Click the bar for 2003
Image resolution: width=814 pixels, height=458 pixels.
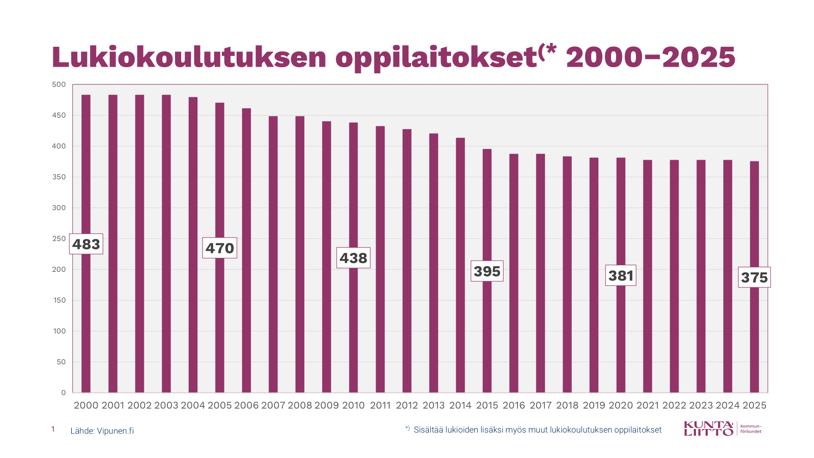pyautogui.click(x=166, y=244)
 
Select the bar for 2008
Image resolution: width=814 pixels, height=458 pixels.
pyautogui.click(x=300, y=254)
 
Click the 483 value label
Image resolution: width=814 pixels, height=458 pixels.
pyautogui.click(x=86, y=244)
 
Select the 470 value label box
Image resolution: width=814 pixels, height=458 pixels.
pyautogui.click(x=220, y=248)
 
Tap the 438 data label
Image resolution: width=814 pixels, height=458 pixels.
pyautogui.click(x=354, y=258)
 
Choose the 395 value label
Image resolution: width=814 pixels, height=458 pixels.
pyautogui.click(x=487, y=271)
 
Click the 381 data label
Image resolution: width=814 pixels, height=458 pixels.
pyautogui.click(x=621, y=275)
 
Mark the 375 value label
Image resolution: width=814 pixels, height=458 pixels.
pyautogui.click(x=754, y=277)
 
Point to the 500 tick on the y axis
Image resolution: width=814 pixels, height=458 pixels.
pyautogui.click(x=59, y=84)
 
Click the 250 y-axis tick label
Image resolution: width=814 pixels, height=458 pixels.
pyautogui.click(x=59, y=239)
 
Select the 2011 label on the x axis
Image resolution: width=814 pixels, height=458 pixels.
pyautogui.click(x=380, y=406)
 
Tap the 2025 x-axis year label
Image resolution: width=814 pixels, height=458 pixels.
pyautogui.click(x=754, y=406)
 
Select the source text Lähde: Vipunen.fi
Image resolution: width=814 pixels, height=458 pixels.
pyautogui.click(x=102, y=431)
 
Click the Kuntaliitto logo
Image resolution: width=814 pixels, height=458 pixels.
pyautogui.click(x=722, y=428)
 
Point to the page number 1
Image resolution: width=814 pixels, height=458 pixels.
pyautogui.click(x=53, y=430)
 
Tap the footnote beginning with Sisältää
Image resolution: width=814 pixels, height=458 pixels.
pyautogui.click(x=537, y=430)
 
